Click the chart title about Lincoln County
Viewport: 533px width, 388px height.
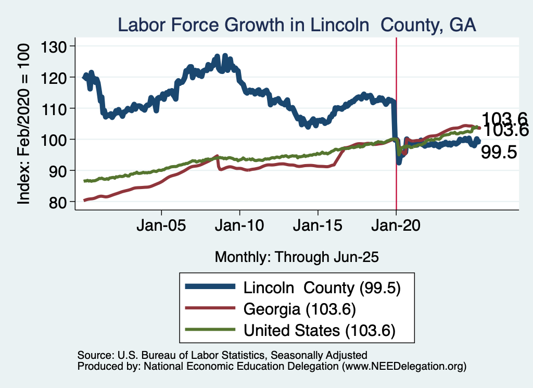click(297, 24)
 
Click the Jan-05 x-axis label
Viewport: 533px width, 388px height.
click(161, 227)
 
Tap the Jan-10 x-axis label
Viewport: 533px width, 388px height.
click(239, 227)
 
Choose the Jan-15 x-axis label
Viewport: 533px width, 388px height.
click(318, 227)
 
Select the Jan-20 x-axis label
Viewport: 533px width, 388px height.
click(396, 227)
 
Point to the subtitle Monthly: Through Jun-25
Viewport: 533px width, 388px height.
click(296, 257)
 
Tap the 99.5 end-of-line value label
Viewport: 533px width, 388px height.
click(499, 152)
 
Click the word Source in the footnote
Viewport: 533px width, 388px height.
click(93, 355)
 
